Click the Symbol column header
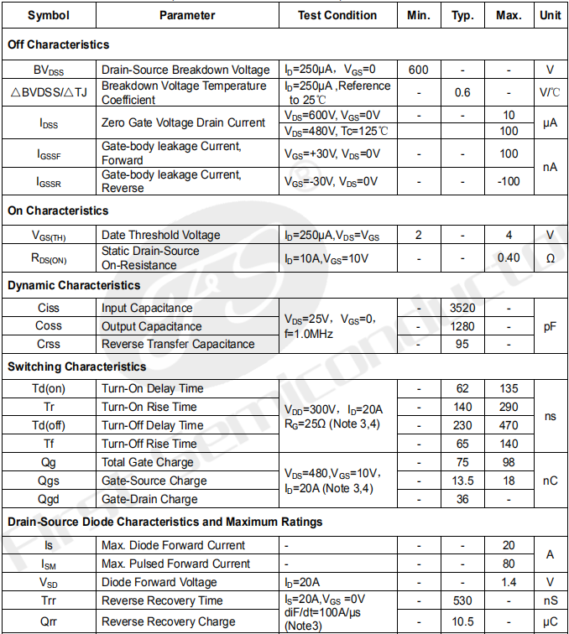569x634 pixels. (x=49, y=15)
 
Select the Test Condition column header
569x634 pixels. (x=337, y=15)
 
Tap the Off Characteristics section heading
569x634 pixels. (x=59, y=44)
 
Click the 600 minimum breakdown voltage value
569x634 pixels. (x=419, y=70)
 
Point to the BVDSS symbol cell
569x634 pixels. (x=49, y=70)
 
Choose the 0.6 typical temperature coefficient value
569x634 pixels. (x=462, y=92)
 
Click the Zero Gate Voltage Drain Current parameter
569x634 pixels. (x=183, y=122)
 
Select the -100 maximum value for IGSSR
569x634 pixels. (x=509, y=181)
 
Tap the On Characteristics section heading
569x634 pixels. (x=58, y=210)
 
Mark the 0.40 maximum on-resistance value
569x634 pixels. (x=509, y=257)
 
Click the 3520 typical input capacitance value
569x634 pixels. (x=462, y=308)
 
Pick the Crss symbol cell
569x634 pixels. (x=49, y=344)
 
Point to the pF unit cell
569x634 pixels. (x=550, y=326)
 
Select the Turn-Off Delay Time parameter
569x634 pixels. (x=152, y=425)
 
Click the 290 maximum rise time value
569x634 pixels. (x=509, y=407)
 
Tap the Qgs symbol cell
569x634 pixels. (x=49, y=481)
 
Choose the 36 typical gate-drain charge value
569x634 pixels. (x=462, y=499)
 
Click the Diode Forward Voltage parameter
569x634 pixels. (x=159, y=582)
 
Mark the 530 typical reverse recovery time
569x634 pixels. (x=462, y=600)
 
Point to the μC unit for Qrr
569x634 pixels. (x=550, y=621)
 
